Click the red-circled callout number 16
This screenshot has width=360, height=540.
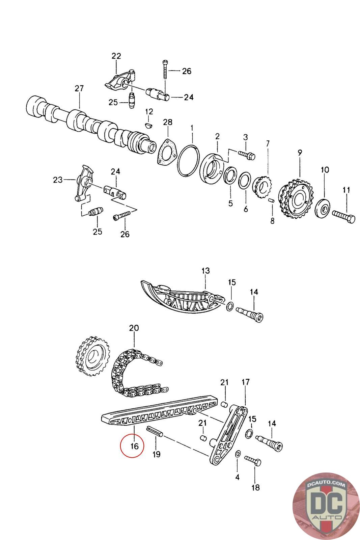click(134, 446)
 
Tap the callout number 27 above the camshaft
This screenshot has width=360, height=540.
click(79, 88)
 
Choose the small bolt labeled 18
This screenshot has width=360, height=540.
click(253, 461)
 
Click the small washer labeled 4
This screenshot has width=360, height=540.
click(238, 454)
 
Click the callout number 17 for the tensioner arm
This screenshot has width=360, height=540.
click(245, 382)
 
